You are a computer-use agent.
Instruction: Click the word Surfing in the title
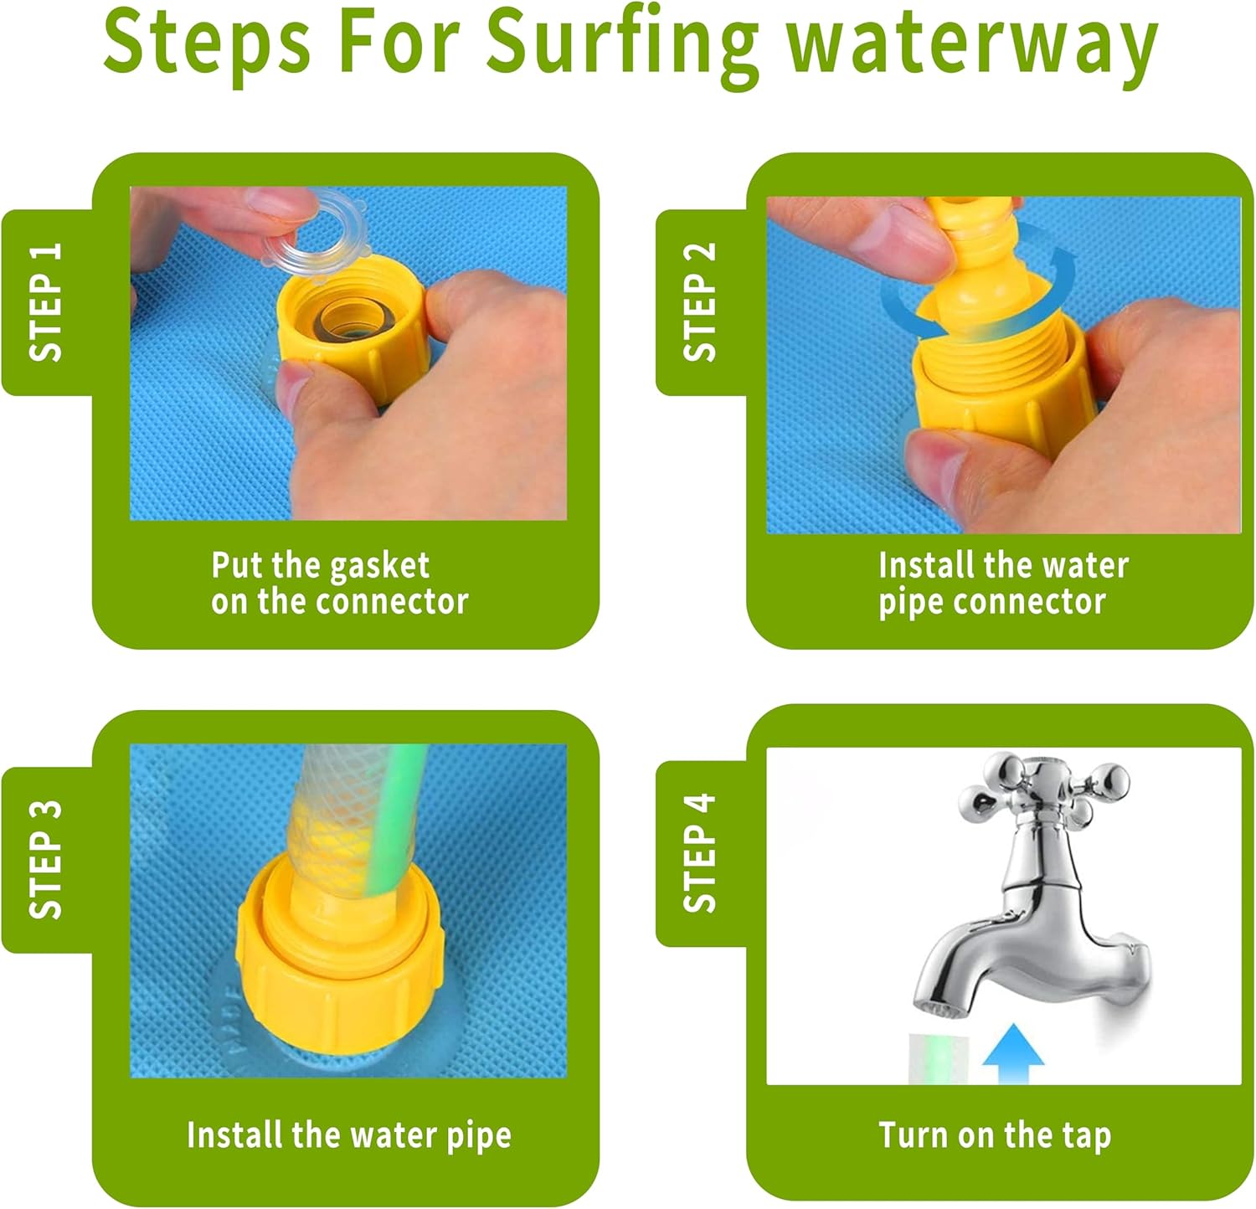[622, 44]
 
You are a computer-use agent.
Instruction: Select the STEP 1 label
[46, 302]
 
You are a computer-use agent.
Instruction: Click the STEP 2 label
[700, 302]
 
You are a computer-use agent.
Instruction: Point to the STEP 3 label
[46, 859]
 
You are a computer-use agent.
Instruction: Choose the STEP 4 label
[700, 852]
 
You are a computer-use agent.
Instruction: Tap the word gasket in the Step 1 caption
[379, 566]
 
